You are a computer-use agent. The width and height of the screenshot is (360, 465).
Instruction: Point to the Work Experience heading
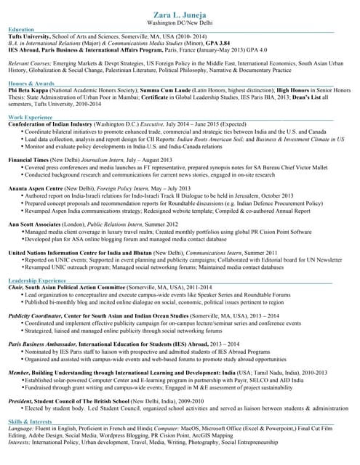[x=30, y=117]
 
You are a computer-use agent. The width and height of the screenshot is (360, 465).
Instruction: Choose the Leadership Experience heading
[x=37, y=280]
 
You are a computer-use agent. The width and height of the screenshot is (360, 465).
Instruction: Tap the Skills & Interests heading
[x=30, y=421]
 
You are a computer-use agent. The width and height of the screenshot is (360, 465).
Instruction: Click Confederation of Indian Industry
[x=50, y=124]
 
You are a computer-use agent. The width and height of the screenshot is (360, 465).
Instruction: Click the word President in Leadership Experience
[x=21, y=400]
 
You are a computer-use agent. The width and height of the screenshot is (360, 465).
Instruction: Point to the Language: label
[x=21, y=429]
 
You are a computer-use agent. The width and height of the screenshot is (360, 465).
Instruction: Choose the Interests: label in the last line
[x=20, y=442]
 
